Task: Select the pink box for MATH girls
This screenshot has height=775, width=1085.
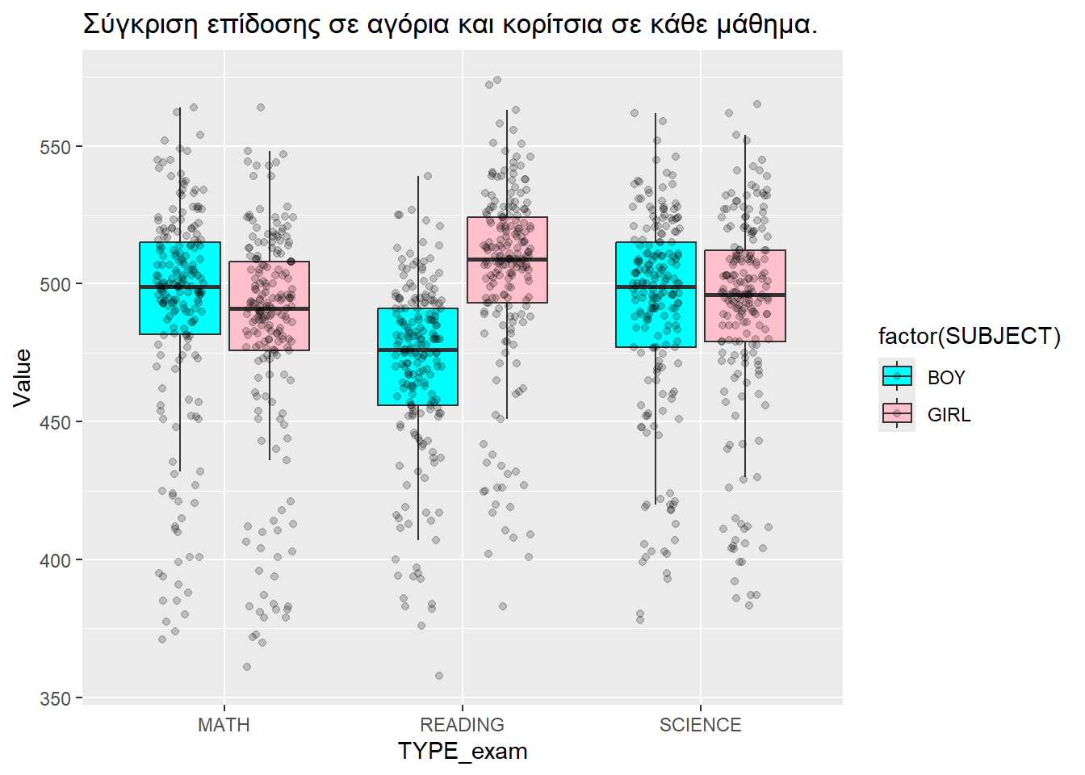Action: (269, 331)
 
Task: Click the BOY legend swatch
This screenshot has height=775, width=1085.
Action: (897, 377)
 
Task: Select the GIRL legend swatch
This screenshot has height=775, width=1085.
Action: (897, 414)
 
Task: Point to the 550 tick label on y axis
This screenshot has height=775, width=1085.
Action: (55, 148)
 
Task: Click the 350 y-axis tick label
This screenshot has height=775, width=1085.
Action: (55, 698)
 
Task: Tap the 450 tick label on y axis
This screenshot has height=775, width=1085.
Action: (55, 423)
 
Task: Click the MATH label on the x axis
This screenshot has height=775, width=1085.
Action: (224, 725)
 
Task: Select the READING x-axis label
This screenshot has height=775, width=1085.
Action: (462, 725)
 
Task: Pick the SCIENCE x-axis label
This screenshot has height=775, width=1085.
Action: (700, 725)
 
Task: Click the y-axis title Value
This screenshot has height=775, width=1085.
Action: (22, 377)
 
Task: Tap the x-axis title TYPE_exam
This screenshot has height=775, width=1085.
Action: (462, 752)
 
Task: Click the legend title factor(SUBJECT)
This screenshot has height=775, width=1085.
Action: (969, 336)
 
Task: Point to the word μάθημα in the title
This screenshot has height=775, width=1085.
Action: (763, 25)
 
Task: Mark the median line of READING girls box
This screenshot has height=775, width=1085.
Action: (507, 259)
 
